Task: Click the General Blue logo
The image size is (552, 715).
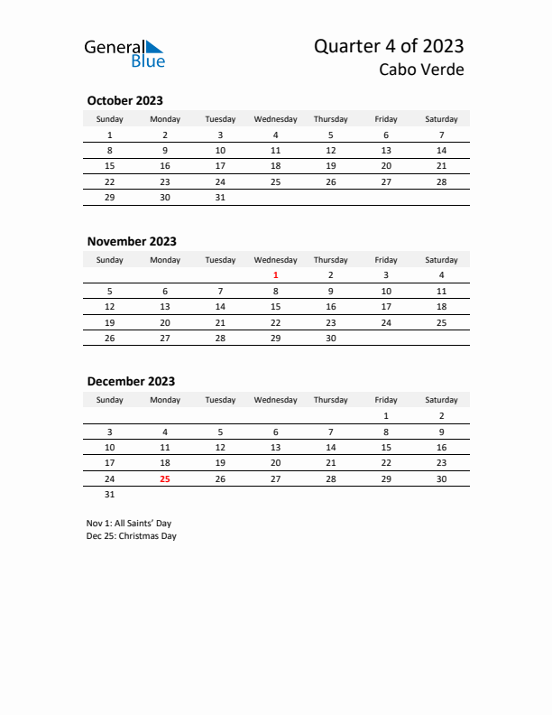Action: point(124,53)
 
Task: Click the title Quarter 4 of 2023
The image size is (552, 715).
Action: point(389,46)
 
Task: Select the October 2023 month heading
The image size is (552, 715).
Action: point(124,101)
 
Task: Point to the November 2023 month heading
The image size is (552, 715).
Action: point(132,241)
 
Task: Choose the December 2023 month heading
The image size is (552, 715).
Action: point(131,382)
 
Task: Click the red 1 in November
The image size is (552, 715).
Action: point(275,275)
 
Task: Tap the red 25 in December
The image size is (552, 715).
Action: point(164,479)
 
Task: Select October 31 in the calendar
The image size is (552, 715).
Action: point(220,197)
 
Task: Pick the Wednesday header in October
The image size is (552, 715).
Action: point(275,119)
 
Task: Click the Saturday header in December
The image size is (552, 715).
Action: point(441,400)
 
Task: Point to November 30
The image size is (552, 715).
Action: point(330,339)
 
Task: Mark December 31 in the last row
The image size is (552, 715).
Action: point(109,495)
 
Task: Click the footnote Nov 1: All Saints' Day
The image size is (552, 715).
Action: point(129,523)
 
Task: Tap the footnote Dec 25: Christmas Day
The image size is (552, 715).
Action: point(132,536)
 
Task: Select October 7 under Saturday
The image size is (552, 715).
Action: point(441,135)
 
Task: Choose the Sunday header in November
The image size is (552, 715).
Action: point(109,260)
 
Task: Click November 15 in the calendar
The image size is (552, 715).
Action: point(275,307)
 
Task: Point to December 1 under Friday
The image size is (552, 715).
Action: point(386,416)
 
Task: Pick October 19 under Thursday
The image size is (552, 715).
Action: point(330,166)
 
